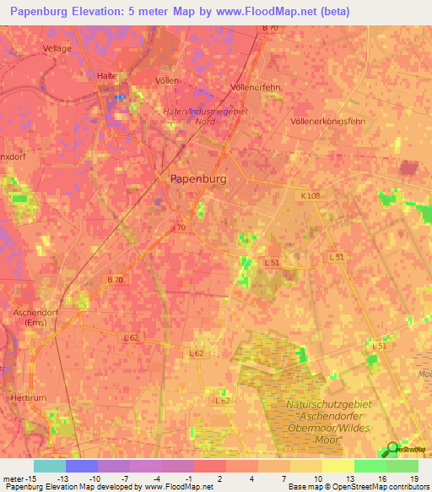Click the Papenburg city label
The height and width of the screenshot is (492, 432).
[x=198, y=178]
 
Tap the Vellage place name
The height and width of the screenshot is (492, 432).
[x=57, y=49]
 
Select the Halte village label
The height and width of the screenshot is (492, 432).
[x=106, y=75]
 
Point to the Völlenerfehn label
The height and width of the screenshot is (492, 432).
[x=255, y=87]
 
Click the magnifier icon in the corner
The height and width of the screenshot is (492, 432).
[x=391, y=450]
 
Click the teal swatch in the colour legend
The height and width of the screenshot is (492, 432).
[x=50, y=465]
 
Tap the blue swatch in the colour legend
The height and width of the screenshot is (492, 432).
[x=82, y=465]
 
